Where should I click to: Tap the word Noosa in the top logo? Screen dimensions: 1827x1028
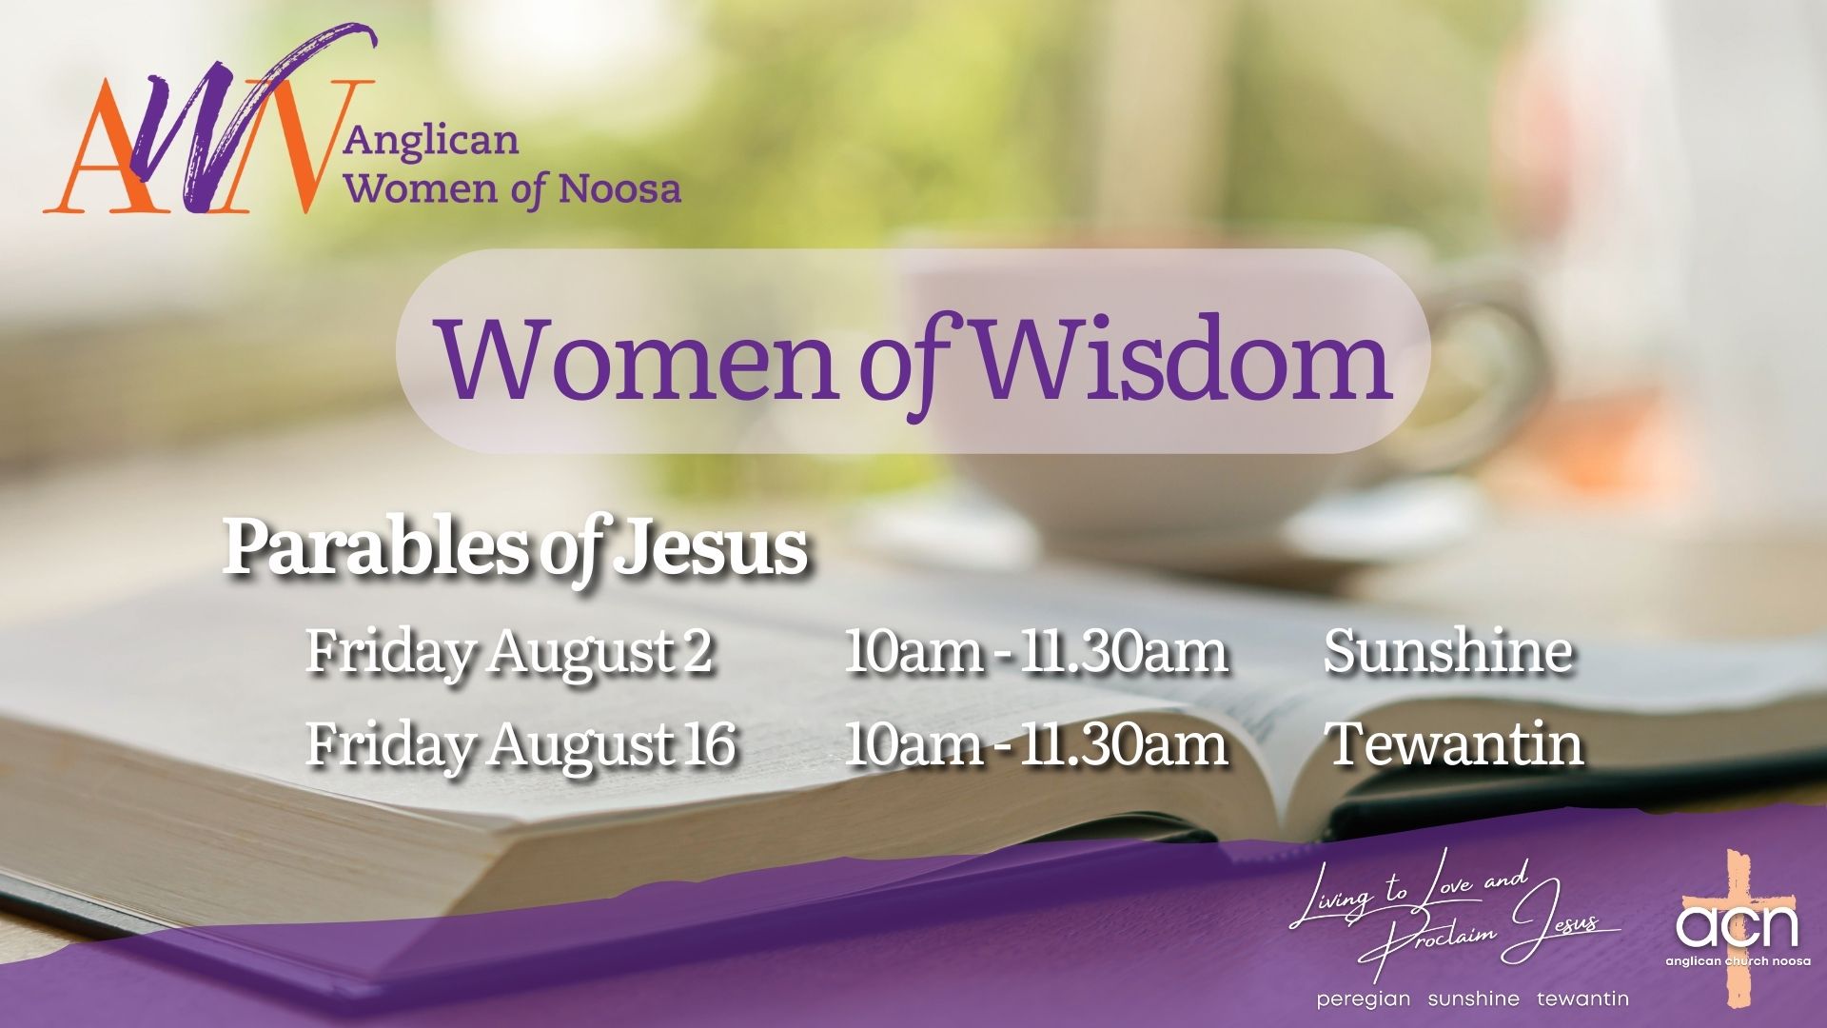pyautogui.click(x=619, y=188)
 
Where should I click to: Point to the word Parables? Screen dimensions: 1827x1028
pyautogui.click(x=376, y=549)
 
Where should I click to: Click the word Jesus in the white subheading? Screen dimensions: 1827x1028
pyautogui.click(x=710, y=550)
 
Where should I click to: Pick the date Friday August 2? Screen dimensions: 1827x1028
pyautogui.click(x=509, y=653)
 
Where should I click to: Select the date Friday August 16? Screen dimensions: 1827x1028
pyautogui.click(x=521, y=744)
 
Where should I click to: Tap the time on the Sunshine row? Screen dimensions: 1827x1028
pyautogui.click(x=1036, y=653)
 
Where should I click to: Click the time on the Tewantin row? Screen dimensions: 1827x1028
pyautogui.click(x=1036, y=744)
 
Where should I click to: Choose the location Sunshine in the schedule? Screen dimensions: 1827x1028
pyautogui.click(x=1447, y=652)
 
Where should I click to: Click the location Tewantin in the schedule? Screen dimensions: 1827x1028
pyautogui.click(x=1455, y=743)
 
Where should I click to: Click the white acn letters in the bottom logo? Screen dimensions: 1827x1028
pyautogui.click(x=1737, y=926)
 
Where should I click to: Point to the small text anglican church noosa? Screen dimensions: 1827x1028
pyautogui.click(x=1738, y=961)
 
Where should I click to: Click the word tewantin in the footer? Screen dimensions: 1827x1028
pyautogui.click(x=1582, y=998)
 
